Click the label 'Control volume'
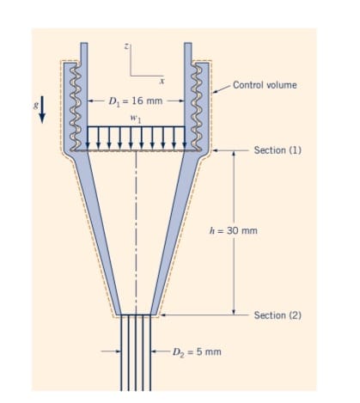click(x=269, y=85)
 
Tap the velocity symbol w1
click(x=134, y=116)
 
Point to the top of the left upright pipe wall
click(x=84, y=45)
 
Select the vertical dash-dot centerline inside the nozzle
click(x=136, y=241)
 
